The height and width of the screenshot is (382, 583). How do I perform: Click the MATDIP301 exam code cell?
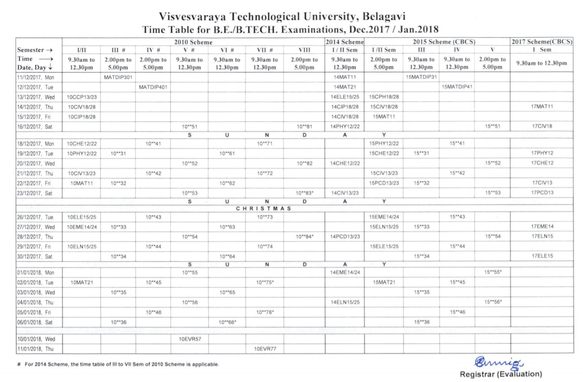pos(118,77)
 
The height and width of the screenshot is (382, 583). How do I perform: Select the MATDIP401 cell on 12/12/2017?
pos(153,87)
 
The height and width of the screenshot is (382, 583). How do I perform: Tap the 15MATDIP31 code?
pos(421,77)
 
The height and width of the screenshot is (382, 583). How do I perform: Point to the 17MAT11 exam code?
pos(542,107)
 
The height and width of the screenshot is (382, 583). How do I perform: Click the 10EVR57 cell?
pos(189,339)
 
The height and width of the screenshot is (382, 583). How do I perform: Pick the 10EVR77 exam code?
pos(265,349)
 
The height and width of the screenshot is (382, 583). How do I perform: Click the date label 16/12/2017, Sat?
pos(36,127)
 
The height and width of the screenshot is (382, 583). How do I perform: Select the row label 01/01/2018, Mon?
pos(36,272)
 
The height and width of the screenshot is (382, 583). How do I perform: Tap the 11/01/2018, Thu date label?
pos(36,349)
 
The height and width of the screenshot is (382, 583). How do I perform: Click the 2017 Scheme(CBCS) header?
pos(542,42)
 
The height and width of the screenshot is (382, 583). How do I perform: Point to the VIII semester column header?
pos(304,50)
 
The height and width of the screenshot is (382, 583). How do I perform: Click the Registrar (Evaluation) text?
pos(501,374)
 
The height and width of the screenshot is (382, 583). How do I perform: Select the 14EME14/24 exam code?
pos(345,272)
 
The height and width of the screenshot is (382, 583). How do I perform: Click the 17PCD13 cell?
pos(542,193)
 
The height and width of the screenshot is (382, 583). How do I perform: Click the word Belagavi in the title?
pos(381,17)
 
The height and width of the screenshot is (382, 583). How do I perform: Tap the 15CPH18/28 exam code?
pos(384,97)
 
